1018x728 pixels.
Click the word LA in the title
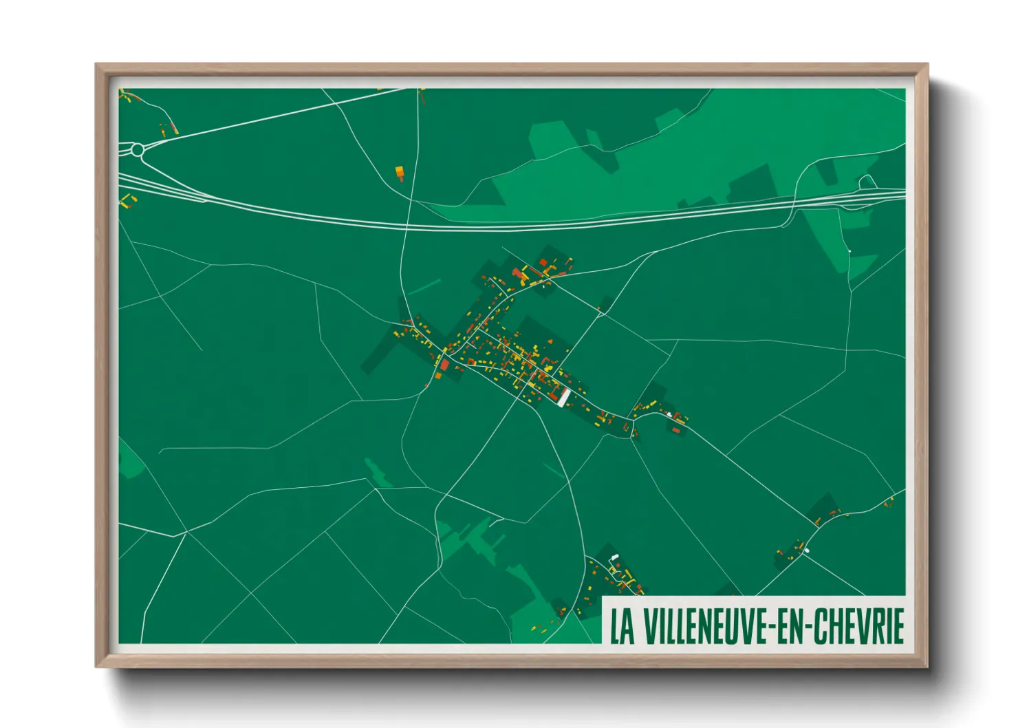(622, 625)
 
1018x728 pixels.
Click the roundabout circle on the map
(138, 149)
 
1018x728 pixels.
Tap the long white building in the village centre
(563, 398)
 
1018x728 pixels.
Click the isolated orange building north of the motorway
(400, 171)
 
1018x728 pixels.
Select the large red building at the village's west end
(444, 365)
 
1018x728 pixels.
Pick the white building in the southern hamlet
(614, 557)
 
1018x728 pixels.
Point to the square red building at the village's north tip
(543, 262)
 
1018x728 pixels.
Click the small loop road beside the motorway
(867, 182)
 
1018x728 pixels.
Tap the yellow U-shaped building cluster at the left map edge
(127, 201)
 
